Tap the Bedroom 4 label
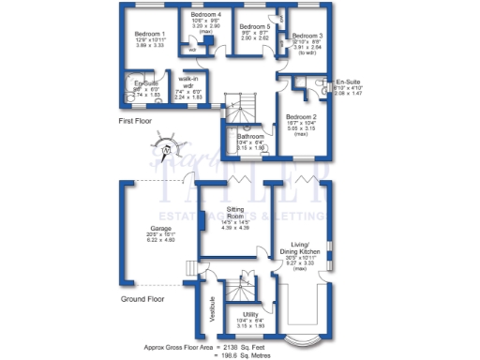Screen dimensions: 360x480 click(205, 16)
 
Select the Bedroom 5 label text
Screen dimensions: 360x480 click(254, 26)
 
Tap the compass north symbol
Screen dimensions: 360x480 click(167, 147)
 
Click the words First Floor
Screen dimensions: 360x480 click(137, 122)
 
